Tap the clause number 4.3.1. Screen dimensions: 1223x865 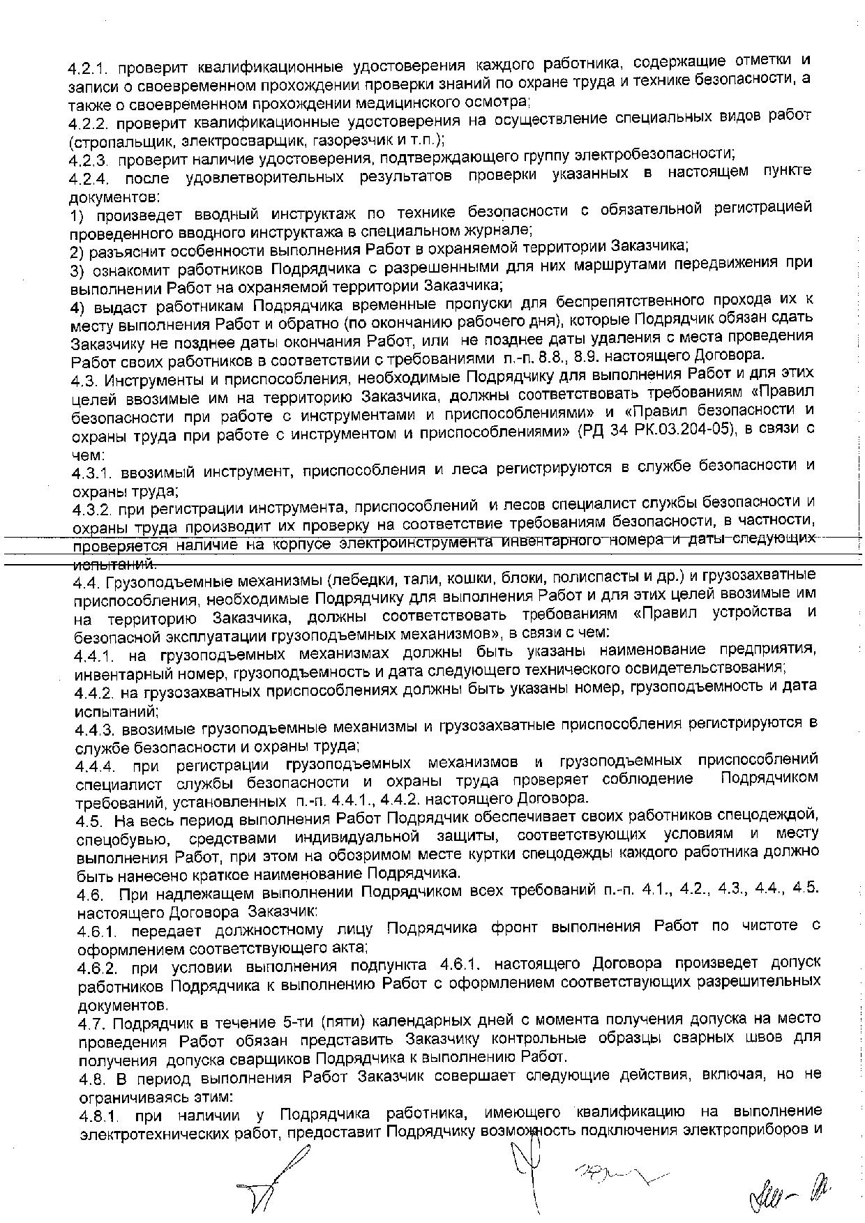coord(91,473)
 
